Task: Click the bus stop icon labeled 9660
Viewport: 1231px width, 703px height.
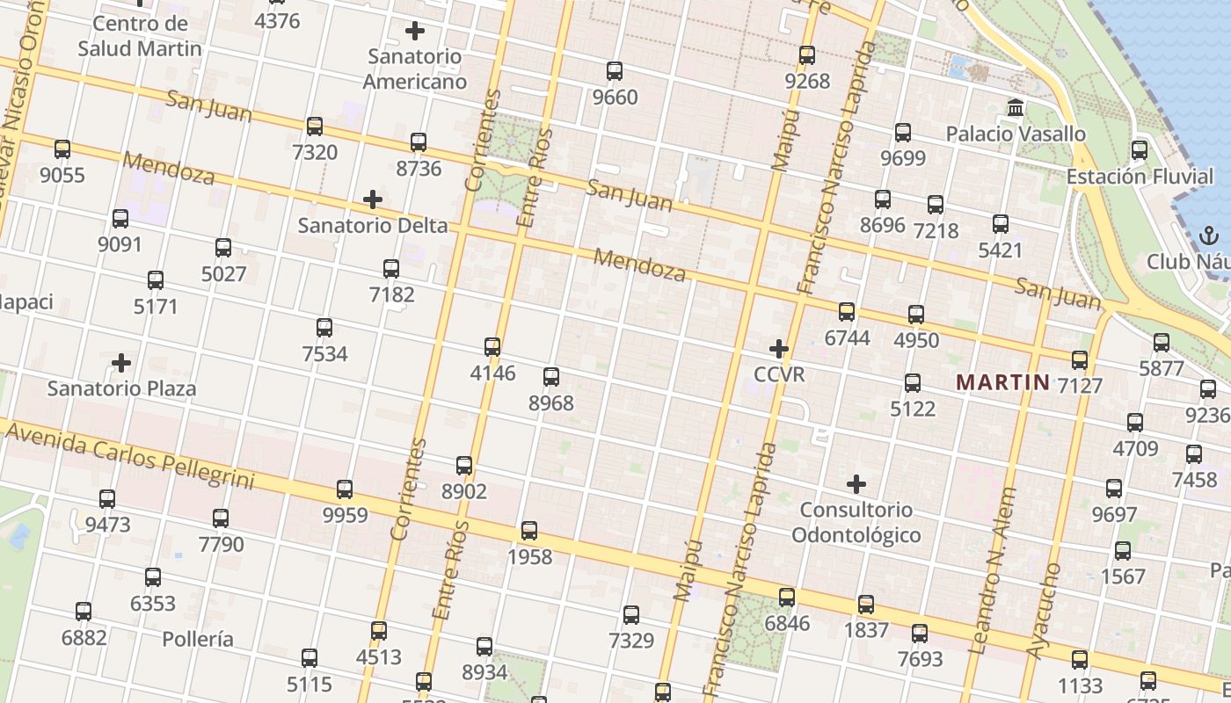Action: [615, 71]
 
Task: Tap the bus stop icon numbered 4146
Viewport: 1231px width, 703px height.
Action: [492, 347]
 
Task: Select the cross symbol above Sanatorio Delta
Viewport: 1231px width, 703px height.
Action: [373, 199]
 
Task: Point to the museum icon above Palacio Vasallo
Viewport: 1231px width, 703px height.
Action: [1016, 108]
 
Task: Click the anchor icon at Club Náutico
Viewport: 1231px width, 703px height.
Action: [1208, 236]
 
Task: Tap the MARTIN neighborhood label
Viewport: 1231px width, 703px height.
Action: [1002, 382]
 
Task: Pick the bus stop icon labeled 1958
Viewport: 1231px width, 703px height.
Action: [529, 531]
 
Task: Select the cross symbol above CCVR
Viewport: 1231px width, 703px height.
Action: [779, 349]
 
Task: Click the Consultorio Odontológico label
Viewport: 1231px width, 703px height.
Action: [856, 522]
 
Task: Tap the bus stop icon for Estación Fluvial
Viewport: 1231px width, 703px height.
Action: [1140, 150]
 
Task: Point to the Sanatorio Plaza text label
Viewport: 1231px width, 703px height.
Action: [121, 388]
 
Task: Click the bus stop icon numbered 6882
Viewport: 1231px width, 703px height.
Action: [84, 612]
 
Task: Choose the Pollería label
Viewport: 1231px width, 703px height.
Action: [198, 639]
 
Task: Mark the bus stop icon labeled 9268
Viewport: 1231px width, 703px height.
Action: [807, 55]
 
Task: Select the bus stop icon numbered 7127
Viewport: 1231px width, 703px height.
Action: [1080, 360]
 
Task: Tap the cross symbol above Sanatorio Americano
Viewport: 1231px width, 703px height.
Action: [415, 31]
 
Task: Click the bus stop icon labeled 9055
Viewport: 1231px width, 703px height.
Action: [62, 149]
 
